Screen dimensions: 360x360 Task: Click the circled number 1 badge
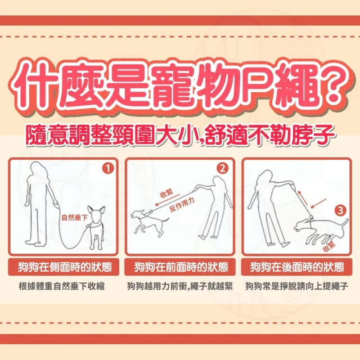(x=108, y=169)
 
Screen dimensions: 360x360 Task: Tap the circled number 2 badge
(x=223, y=169)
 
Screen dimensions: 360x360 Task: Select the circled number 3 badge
(x=340, y=210)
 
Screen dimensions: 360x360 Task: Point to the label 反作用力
(x=182, y=204)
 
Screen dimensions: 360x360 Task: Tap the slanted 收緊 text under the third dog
(x=329, y=247)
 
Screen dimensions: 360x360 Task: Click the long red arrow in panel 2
(x=168, y=200)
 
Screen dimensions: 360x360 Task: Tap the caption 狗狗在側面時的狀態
(x=65, y=267)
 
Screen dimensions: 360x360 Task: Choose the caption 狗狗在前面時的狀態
(x=181, y=267)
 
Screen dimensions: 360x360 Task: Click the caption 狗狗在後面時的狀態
(x=297, y=267)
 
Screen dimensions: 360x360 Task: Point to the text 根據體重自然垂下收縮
(x=61, y=286)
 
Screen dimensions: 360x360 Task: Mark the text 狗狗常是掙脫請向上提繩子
(x=296, y=286)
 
